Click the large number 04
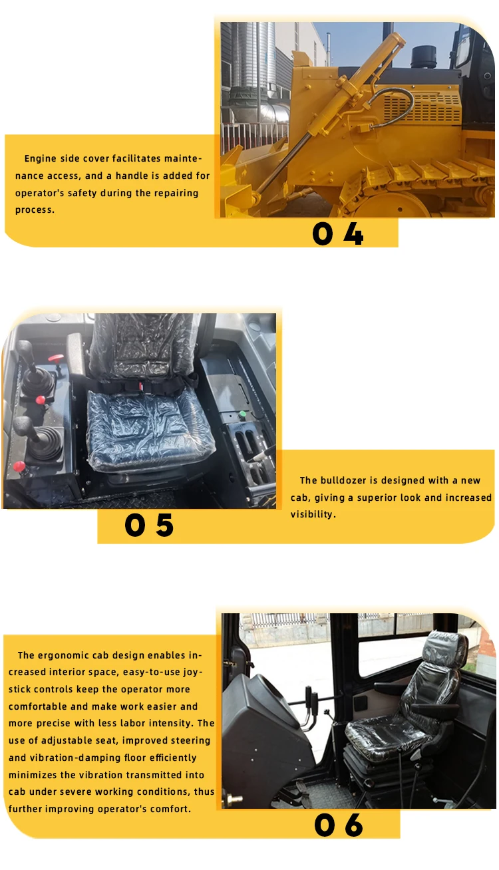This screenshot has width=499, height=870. (x=338, y=234)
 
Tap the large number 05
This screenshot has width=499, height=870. (x=149, y=525)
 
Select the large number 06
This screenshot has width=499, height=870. (x=339, y=825)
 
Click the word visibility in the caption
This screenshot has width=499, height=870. (x=313, y=514)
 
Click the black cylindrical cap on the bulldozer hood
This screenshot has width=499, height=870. (x=424, y=57)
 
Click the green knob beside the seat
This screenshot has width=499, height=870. (x=243, y=414)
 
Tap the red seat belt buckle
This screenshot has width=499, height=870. (x=141, y=386)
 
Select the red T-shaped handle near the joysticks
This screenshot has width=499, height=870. (x=57, y=359)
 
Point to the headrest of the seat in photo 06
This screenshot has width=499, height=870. (x=446, y=647)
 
